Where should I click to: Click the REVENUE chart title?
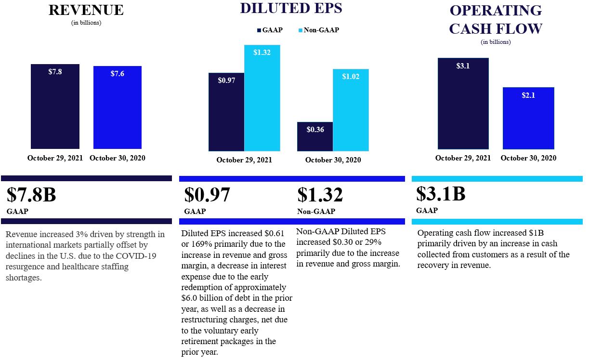(86, 10)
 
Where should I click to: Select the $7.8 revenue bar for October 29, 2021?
(55, 106)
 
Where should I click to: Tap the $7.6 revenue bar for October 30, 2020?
(117, 107)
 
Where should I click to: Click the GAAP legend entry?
(270, 30)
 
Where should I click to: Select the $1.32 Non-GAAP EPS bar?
(262, 98)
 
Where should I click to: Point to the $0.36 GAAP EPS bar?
(315, 136)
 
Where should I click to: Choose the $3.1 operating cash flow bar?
(463, 103)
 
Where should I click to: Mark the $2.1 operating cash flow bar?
(528, 118)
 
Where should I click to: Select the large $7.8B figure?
(31, 195)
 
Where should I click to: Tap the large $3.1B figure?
(441, 194)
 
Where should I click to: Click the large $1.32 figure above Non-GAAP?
(320, 195)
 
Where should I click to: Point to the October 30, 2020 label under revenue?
(118, 158)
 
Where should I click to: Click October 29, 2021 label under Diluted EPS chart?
(244, 160)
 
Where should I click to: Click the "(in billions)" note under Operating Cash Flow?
(496, 42)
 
